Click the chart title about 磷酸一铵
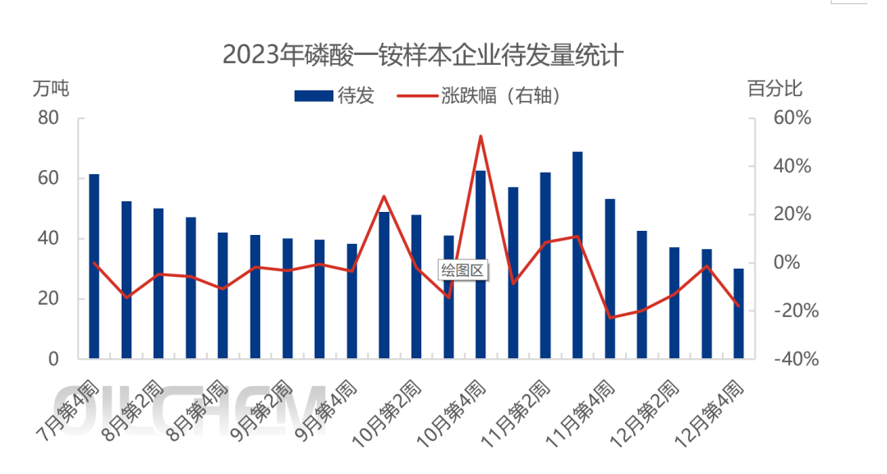pyautogui.click(x=423, y=55)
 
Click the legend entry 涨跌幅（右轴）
pyautogui.click(x=480, y=96)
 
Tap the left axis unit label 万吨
pyautogui.click(x=51, y=87)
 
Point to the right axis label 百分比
pyautogui.click(x=774, y=87)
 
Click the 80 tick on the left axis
pyautogui.click(x=48, y=118)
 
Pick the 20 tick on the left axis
pyautogui.click(x=48, y=299)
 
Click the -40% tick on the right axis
pyautogui.click(x=790, y=359)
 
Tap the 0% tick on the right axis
pyautogui.click(x=796, y=263)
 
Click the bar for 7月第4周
pyautogui.click(x=94, y=266)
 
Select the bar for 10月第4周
pyautogui.click(x=480, y=264)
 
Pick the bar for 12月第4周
pyautogui.click(x=738, y=313)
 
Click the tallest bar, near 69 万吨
pyautogui.click(x=577, y=255)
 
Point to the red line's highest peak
pyautogui.click(x=480, y=136)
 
